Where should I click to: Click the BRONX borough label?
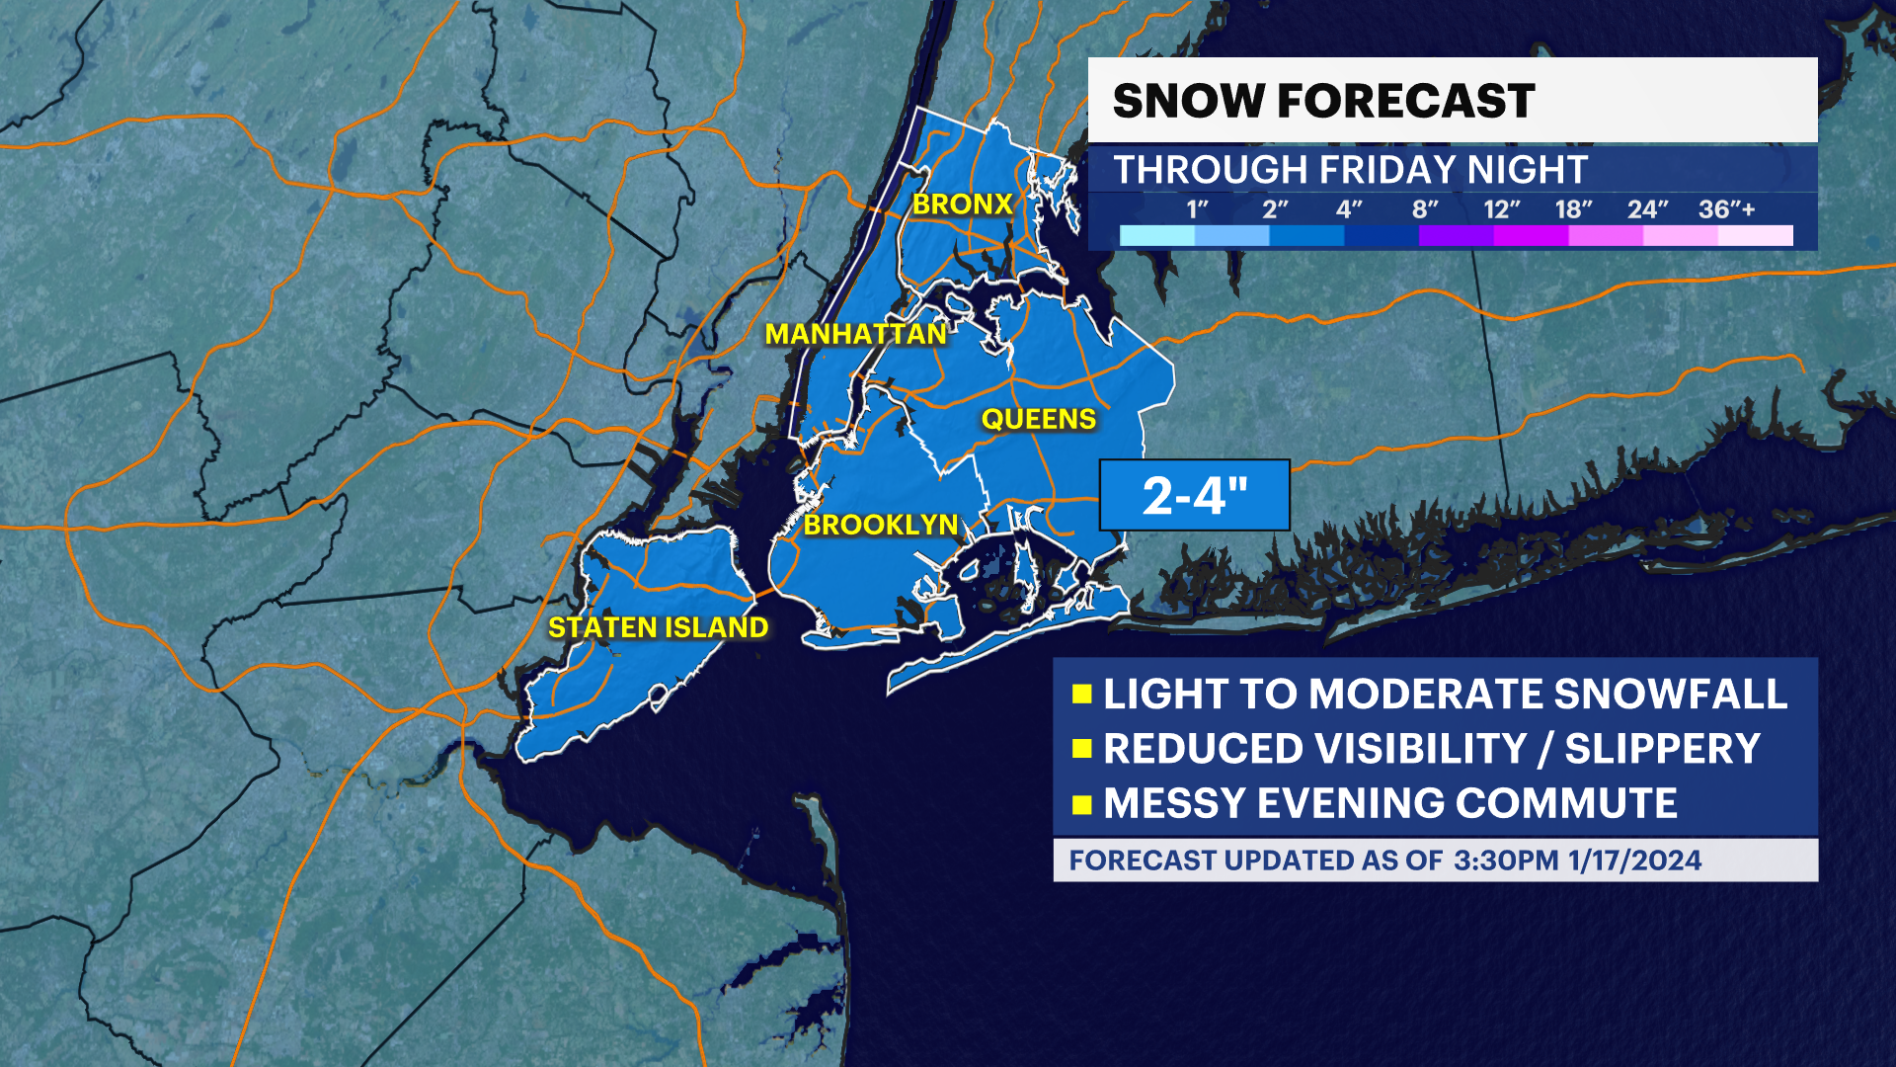(x=962, y=205)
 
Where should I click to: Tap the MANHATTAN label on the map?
(x=856, y=335)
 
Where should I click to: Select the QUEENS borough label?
(x=1038, y=419)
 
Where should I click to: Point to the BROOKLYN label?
(x=881, y=525)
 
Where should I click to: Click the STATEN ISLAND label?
(x=658, y=627)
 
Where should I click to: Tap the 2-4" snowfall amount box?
(x=1195, y=495)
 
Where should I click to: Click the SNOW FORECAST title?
(x=1323, y=101)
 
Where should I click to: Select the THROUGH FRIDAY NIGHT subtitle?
(x=1350, y=170)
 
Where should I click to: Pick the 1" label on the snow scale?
(x=1197, y=209)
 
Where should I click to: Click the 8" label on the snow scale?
(x=1424, y=209)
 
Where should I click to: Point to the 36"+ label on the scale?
(x=1726, y=209)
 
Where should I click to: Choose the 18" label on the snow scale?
(x=1573, y=209)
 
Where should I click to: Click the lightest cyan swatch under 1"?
(x=1157, y=236)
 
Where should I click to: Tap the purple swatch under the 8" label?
(x=1456, y=236)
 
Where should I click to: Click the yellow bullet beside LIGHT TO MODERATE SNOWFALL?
(x=1081, y=694)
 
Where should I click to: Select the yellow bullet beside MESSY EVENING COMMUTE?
(x=1081, y=804)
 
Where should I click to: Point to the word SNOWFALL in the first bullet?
(x=1670, y=694)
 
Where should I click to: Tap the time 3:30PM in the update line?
(x=1505, y=861)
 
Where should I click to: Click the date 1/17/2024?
(x=1634, y=861)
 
